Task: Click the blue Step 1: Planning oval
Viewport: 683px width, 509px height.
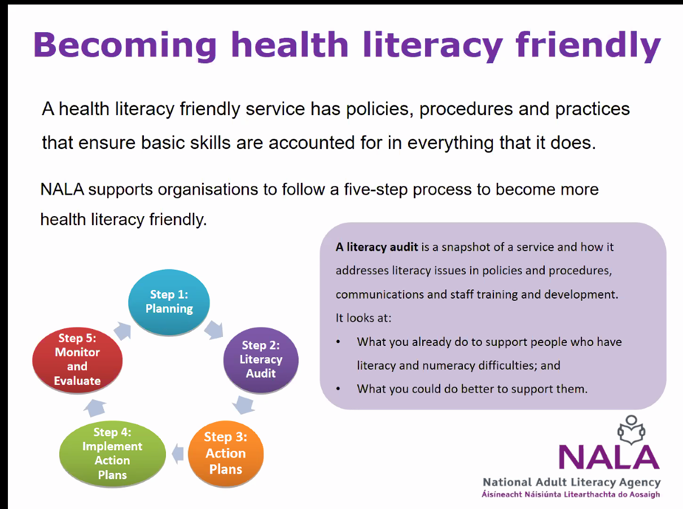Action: click(169, 302)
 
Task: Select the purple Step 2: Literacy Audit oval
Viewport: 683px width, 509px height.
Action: click(261, 360)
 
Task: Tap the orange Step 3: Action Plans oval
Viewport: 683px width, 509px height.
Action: click(226, 453)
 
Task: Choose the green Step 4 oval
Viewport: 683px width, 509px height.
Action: click(112, 454)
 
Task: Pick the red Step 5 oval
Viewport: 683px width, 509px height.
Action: click(77, 360)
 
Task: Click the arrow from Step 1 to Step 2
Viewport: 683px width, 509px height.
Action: click(214, 330)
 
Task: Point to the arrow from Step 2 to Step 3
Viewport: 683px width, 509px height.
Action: click(244, 405)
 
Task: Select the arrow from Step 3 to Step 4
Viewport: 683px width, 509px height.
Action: click(178, 454)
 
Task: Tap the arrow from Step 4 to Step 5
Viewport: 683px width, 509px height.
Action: click(95, 408)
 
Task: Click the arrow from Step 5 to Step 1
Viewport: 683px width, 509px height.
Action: click(122, 331)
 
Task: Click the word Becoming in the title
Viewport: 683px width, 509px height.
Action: click(125, 46)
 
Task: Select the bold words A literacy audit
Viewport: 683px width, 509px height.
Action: click(376, 247)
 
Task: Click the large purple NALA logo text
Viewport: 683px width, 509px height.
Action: click(609, 457)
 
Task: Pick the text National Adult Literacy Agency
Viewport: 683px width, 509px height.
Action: click(572, 482)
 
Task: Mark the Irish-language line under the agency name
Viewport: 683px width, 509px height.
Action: click(571, 494)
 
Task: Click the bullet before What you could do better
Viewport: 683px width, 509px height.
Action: click(338, 389)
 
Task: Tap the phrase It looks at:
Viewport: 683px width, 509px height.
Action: click(364, 318)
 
